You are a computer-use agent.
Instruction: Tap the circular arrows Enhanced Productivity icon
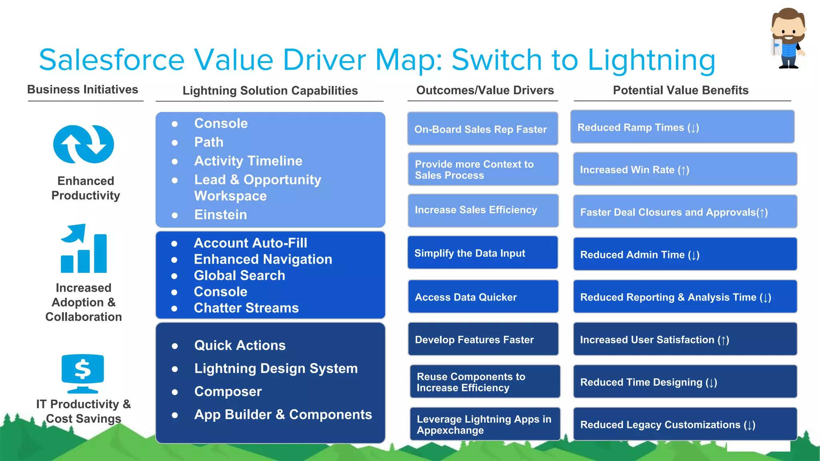tap(84, 144)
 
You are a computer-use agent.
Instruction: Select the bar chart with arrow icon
tap(84, 249)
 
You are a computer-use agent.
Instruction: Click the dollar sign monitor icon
tap(83, 373)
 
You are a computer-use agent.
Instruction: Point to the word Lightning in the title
tap(651, 60)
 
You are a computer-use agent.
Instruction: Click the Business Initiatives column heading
tap(82, 90)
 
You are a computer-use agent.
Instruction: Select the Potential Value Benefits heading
tap(680, 90)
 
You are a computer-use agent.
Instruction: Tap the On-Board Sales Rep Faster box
tap(482, 129)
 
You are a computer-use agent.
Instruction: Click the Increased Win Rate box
tap(685, 169)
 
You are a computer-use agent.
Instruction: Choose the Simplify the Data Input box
tap(482, 253)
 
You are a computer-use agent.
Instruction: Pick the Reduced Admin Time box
tap(685, 255)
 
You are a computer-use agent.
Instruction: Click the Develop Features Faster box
tap(483, 339)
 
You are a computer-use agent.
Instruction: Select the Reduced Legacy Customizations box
tap(685, 424)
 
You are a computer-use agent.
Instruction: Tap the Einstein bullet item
tap(221, 215)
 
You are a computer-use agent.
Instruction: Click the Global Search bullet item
tap(239, 275)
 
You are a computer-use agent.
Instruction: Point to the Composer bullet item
tap(228, 391)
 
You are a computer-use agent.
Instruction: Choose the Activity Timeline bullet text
tap(248, 161)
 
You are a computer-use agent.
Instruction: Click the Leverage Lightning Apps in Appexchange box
tap(484, 424)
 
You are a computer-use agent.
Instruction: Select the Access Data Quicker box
tap(483, 297)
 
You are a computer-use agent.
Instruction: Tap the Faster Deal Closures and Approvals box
tap(685, 212)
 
